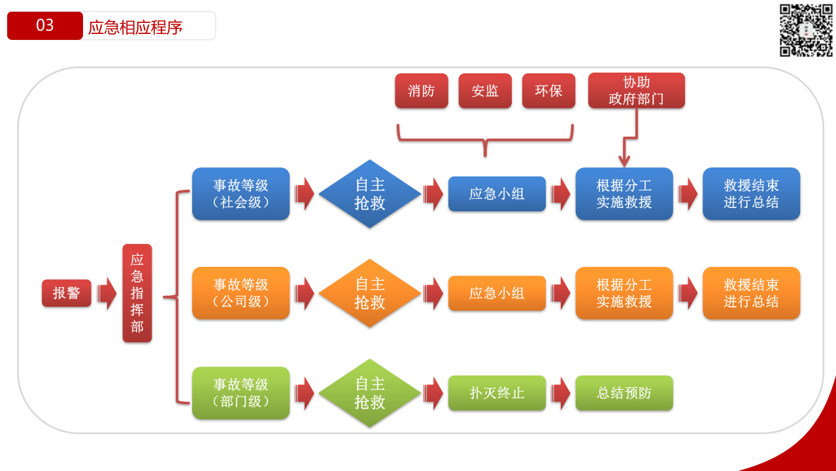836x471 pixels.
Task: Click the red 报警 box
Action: [x=67, y=293]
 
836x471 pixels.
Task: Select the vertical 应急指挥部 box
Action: [x=137, y=293]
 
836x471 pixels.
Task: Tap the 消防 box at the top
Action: [x=422, y=91]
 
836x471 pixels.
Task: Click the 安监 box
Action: [x=485, y=91]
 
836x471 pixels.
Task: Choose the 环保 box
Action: [x=548, y=91]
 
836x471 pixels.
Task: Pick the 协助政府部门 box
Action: [x=637, y=90]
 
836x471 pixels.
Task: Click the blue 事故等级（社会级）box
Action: [x=241, y=194]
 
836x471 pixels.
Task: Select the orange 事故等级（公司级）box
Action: [x=241, y=293]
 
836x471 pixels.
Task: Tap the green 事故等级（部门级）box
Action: [x=241, y=392]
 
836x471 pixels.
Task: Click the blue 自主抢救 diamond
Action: [x=370, y=194]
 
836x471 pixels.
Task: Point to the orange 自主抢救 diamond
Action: [x=370, y=293]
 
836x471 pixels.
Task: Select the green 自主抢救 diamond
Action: [x=370, y=392]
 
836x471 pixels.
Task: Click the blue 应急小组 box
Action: [x=497, y=194]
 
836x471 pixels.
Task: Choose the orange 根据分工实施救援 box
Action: [x=624, y=293]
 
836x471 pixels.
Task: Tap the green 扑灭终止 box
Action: [x=497, y=392]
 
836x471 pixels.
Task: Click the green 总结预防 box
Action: [x=624, y=392]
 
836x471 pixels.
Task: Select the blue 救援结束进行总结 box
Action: [x=751, y=194]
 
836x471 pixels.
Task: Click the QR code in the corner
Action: [x=806, y=30]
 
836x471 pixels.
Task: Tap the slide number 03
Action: [x=45, y=26]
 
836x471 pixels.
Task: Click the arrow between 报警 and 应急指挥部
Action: [x=107, y=294]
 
